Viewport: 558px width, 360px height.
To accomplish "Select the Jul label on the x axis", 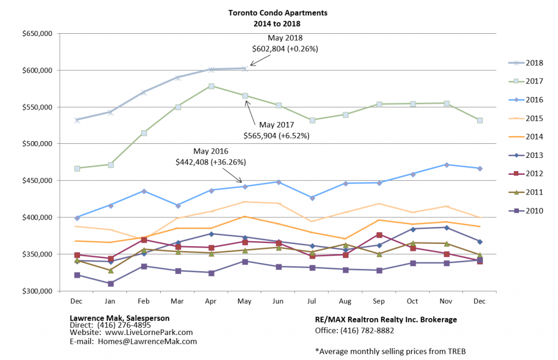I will (x=312, y=301).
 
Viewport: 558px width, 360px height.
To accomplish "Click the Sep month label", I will (x=379, y=301).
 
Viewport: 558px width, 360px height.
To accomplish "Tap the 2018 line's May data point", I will (x=245, y=69).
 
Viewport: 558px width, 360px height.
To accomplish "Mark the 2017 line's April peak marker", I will (x=211, y=86).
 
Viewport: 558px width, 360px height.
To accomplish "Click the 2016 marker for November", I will (x=447, y=164).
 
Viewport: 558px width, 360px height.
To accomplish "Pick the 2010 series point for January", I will (x=111, y=283).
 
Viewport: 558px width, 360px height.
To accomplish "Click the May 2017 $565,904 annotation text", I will (x=277, y=131).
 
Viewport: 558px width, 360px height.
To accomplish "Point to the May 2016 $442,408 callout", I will (x=211, y=156).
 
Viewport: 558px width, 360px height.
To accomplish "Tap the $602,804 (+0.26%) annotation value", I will (x=285, y=48).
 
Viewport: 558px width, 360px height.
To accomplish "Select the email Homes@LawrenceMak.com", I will (x=147, y=341).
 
